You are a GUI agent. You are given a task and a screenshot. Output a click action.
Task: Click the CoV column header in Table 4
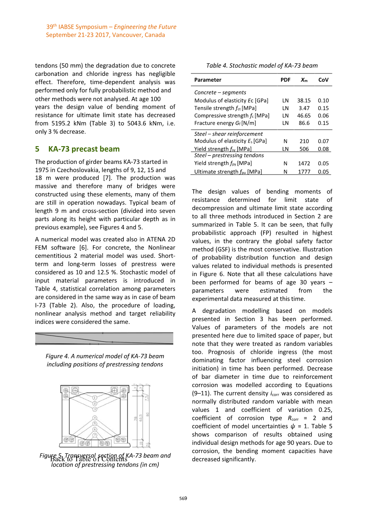(x=323, y=80)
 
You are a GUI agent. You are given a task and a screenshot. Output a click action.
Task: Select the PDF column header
(x=285, y=80)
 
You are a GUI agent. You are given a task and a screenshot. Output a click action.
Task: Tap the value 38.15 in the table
(x=304, y=101)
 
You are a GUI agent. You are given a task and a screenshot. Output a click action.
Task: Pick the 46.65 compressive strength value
(x=304, y=116)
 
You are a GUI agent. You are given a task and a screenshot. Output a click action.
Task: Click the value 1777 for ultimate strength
(x=304, y=172)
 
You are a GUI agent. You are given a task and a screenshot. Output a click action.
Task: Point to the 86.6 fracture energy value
(x=304, y=123)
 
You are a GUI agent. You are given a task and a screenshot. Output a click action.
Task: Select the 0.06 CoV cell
(x=323, y=116)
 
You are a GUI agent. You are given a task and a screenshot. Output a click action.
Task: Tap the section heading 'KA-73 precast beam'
(x=84, y=149)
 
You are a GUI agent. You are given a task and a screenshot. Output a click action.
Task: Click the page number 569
(x=183, y=498)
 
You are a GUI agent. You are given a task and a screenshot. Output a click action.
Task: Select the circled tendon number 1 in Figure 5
(x=95, y=398)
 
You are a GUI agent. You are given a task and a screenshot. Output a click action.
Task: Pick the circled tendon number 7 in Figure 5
(x=95, y=435)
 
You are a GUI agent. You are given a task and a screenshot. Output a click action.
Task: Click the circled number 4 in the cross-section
(x=95, y=418)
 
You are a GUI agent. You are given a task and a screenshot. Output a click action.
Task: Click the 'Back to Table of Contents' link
(x=89, y=459)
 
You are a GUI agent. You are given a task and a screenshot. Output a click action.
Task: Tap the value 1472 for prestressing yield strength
(x=304, y=164)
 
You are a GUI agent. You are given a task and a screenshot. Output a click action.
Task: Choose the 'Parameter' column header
(x=208, y=80)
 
